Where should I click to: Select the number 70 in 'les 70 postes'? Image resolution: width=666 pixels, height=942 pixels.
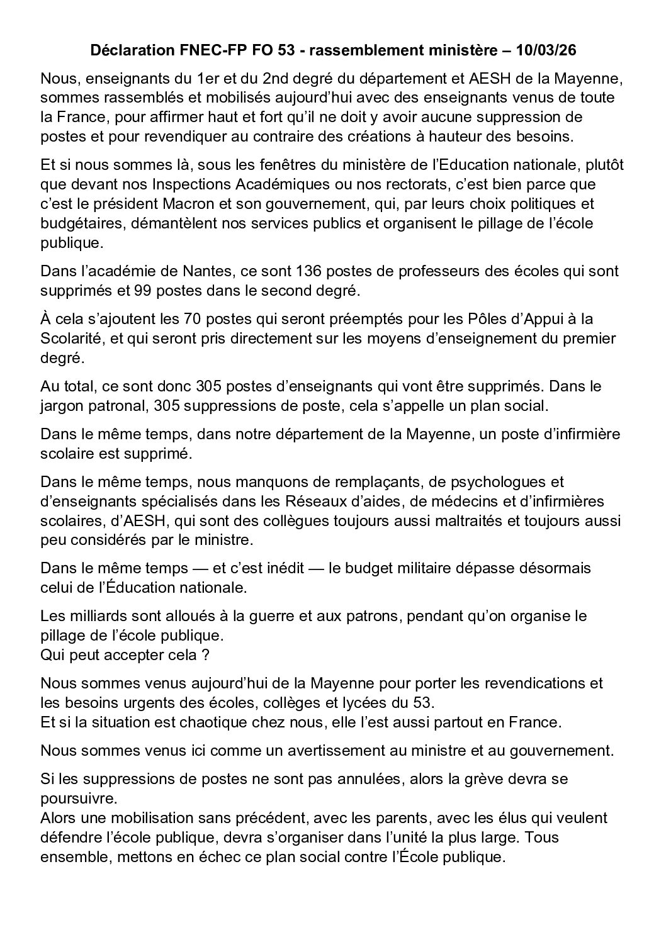[190, 320]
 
